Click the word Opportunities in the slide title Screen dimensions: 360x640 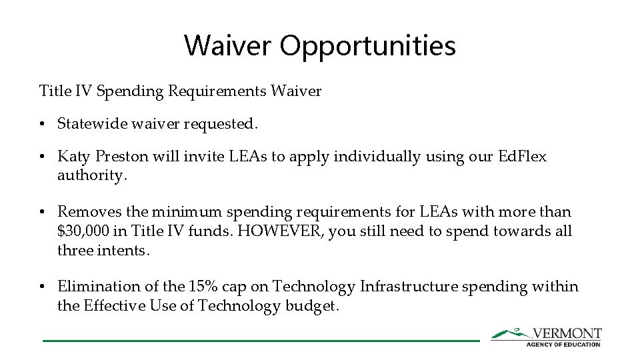[367, 46]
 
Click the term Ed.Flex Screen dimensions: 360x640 [522, 157]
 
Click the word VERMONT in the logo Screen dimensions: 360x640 [567, 333]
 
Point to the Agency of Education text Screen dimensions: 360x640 [563, 344]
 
